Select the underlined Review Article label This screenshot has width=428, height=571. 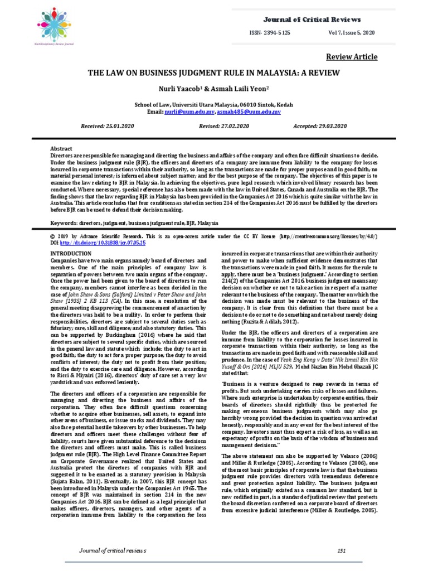(352, 57)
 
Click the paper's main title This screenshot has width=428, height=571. (214, 74)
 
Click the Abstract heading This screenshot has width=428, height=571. (61, 149)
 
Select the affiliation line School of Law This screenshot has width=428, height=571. (214, 104)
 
